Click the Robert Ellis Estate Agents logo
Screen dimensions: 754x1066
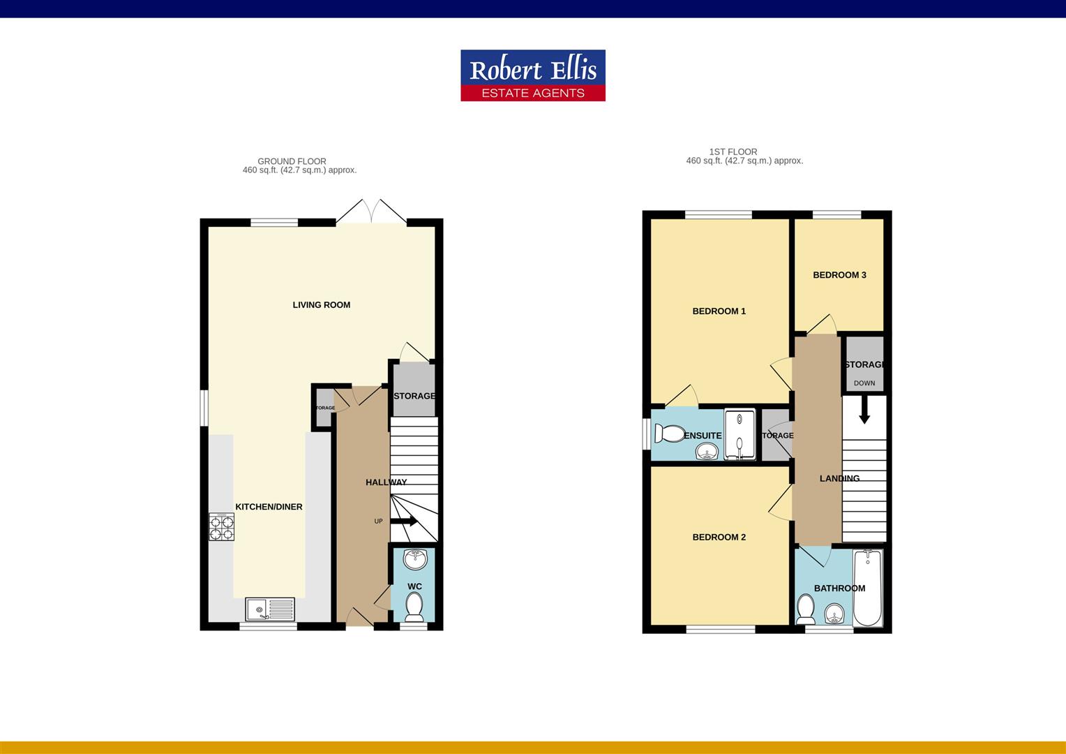click(532, 75)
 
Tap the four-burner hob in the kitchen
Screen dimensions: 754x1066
click(221, 527)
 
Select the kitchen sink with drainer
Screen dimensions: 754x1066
click(270, 609)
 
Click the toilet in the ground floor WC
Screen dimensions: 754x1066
click(414, 607)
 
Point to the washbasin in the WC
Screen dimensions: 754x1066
click(416, 559)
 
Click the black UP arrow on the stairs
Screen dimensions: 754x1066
click(404, 521)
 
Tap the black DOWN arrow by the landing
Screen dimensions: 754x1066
click(864, 410)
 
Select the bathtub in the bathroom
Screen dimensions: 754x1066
click(867, 587)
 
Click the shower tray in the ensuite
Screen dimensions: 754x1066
click(740, 435)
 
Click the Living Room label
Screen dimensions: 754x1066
click(321, 305)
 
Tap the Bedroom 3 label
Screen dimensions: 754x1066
click(839, 275)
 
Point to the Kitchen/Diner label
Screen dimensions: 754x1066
click(269, 507)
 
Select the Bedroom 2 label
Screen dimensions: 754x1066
click(719, 538)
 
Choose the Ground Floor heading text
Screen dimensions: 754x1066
click(292, 161)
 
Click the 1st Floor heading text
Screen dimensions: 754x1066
click(733, 151)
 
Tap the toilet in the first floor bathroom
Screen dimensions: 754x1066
click(806, 609)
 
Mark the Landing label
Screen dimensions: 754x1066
click(839, 479)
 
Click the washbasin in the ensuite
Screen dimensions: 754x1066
click(707, 452)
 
